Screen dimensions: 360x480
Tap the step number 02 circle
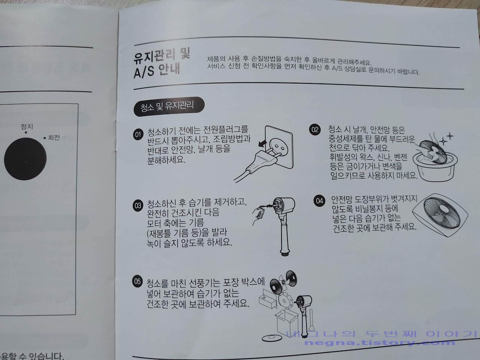pos(314,130)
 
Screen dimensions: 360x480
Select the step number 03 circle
pos(138,206)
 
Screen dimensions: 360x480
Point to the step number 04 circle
pos(319,201)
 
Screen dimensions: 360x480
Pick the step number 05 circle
pos(138,281)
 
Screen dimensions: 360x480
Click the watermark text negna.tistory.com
pos(379,342)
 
